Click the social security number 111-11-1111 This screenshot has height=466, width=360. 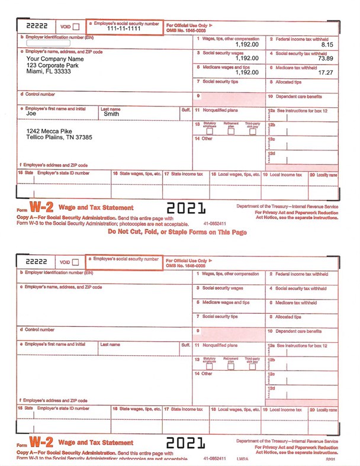coord(124,28)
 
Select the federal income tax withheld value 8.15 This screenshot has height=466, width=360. coord(327,44)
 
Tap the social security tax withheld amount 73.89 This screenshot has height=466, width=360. coord(325,58)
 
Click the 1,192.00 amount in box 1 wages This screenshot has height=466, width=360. coord(246,44)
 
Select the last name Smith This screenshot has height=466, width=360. coord(111,114)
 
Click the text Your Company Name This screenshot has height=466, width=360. coord(55,59)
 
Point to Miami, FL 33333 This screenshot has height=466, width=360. coord(49,72)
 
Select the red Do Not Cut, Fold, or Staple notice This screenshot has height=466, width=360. coord(177,232)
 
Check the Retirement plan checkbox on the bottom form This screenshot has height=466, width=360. coord(232,367)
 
